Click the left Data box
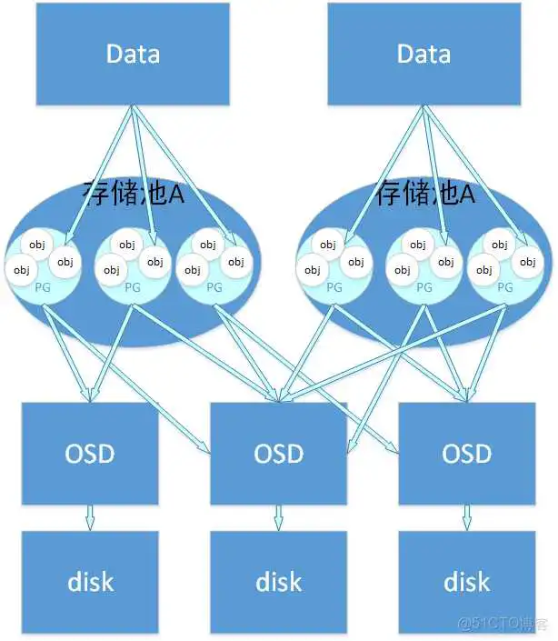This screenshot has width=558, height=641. point(133,55)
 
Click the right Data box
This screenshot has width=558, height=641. point(423,55)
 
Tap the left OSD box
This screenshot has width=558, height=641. point(90,452)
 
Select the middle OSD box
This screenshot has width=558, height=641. point(279,452)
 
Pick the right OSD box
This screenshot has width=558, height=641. point(466,452)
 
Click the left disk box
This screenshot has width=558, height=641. point(90,581)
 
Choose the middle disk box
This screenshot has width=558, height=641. point(279,581)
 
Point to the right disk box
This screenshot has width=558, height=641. point(466,581)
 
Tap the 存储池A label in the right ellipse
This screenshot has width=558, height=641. point(425,194)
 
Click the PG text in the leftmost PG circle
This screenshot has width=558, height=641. point(42,287)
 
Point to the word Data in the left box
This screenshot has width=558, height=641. point(133,53)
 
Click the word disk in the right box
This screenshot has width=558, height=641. point(466,581)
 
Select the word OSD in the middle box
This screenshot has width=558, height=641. point(279,452)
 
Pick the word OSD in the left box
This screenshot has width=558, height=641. point(90,452)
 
